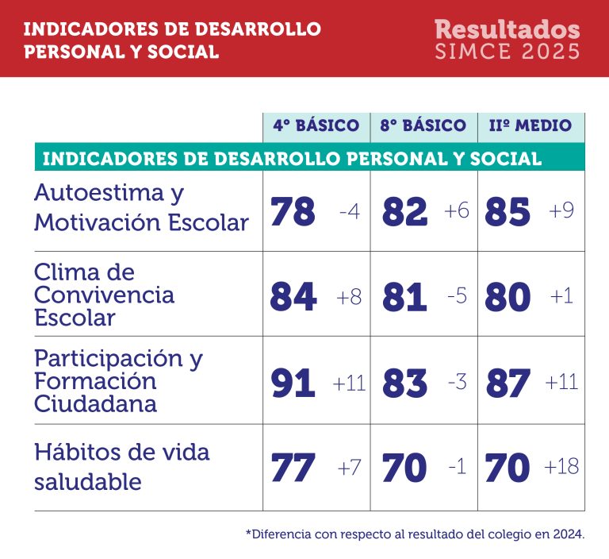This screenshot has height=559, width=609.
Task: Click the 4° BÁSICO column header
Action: (x=316, y=125)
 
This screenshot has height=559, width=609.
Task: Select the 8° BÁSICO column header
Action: (x=423, y=125)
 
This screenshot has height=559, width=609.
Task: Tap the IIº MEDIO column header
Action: (x=530, y=125)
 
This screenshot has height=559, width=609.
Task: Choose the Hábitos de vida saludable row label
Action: (x=121, y=467)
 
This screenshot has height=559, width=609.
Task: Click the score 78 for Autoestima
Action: (x=293, y=212)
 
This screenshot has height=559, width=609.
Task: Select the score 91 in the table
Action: (x=293, y=384)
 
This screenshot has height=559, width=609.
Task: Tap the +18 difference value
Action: (x=561, y=467)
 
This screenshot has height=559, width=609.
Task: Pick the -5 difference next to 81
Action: (x=457, y=296)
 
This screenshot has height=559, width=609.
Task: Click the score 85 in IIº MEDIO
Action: (x=507, y=212)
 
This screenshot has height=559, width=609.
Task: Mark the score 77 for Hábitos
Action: (x=293, y=468)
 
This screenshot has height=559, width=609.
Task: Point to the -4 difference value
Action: (x=349, y=212)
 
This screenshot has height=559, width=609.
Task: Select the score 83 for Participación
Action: (x=404, y=384)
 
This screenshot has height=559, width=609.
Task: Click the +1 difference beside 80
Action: (x=561, y=296)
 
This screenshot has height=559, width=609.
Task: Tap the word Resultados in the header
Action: (x=507, y=29)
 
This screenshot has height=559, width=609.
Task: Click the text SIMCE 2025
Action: (x=507, y=52)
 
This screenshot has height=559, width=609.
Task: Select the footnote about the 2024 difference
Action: (x=415, y=534)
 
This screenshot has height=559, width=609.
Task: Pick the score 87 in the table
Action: (x=507, y=384)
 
